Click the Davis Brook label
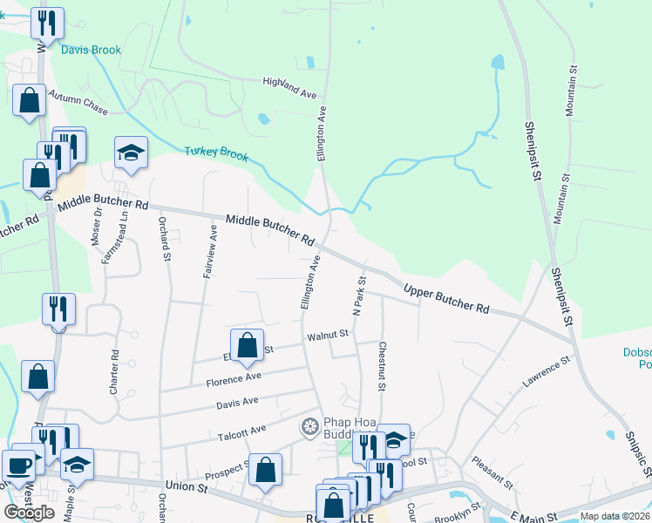tap(91, 50)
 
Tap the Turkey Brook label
tap(216, 154)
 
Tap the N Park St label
tap(358, 294)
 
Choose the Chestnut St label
tap(381, 365)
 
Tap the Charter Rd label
tap(114, 373)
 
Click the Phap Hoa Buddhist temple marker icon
tap(309, 426)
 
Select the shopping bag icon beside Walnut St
tap(247, 344)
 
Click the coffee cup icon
tap(17, 463)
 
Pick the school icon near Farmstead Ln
tap(131, 152)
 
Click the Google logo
tap(30, 512)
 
